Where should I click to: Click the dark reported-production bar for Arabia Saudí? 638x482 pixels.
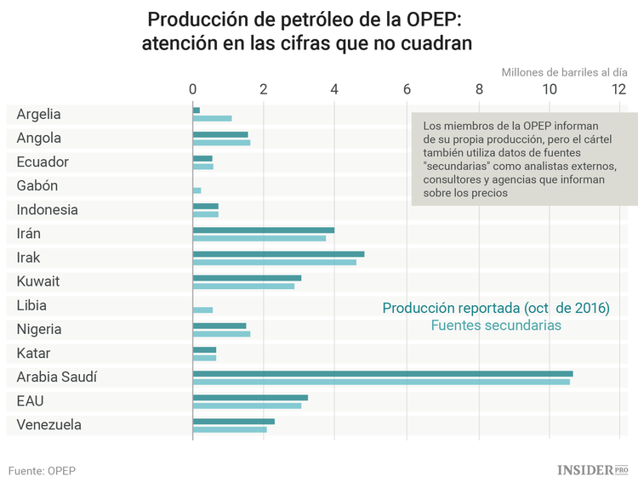click(383, 373)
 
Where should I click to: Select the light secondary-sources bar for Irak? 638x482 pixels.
click(274, 262)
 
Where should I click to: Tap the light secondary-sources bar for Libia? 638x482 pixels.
click(202, 309)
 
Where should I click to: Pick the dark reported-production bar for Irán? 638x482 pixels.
click(264, 230)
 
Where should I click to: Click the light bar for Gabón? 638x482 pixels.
click(197, 190)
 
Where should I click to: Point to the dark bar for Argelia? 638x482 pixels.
click(197, 111)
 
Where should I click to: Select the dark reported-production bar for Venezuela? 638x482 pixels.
click(234, 421)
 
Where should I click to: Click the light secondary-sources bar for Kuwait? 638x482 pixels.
click(243, 286)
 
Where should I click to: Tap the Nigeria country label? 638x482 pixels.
click(40, 329)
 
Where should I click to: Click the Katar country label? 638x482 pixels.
click(34, 353)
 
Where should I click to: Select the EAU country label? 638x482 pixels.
click(31, 400)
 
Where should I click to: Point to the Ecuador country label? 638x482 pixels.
click(43, 162)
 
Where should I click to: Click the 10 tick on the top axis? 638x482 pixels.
click(550, 89)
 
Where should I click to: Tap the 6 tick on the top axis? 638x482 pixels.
click(407, 89)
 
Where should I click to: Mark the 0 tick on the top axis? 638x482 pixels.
click(193, 89)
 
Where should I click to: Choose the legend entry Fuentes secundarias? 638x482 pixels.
click(496, 325)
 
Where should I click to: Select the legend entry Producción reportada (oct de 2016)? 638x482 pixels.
click(496, 307)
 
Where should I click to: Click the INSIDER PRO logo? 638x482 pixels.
click(593, 469)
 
